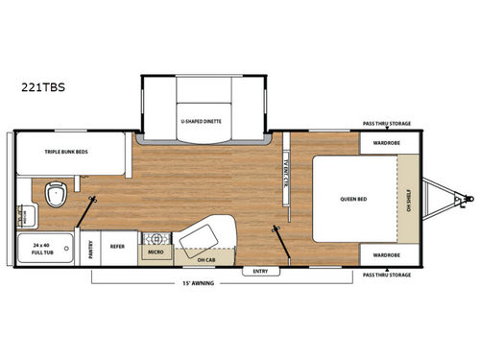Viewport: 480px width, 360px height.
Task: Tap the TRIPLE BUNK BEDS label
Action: tap(68, 152)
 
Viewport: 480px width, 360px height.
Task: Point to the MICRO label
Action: tap(155, 252)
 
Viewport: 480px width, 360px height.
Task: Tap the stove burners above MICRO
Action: tap(154, 236)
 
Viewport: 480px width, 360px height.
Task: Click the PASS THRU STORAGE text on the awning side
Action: tap(388, 276)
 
